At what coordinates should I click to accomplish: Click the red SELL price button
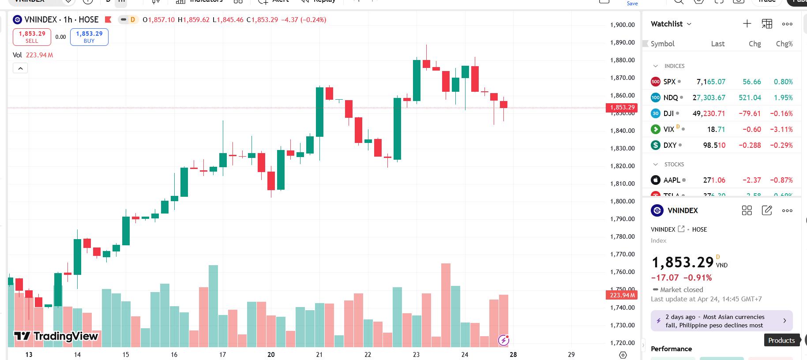click(32, 37)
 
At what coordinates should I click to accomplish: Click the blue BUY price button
click(89, 37)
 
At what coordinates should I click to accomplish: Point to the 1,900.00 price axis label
click(622, 25)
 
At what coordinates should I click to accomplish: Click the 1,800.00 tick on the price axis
click(622, 201)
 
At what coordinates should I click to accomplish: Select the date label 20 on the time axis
click(271, 354)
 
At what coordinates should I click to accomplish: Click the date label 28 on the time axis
click(513, 354)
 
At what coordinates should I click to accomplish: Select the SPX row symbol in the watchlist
click(669, 82)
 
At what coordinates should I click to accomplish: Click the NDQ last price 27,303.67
click(709, 97)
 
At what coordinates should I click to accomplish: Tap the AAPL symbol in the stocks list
click(672, 180)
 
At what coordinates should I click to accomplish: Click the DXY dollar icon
click(656, 145)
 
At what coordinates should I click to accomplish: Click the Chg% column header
click(784, 44)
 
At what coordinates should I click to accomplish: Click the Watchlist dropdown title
click(671, 24)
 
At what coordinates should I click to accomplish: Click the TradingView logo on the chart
click(56, 336)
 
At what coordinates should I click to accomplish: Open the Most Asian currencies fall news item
click(721, 321)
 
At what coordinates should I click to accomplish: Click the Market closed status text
click(681, 289)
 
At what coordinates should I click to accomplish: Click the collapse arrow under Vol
click(20, 68)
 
